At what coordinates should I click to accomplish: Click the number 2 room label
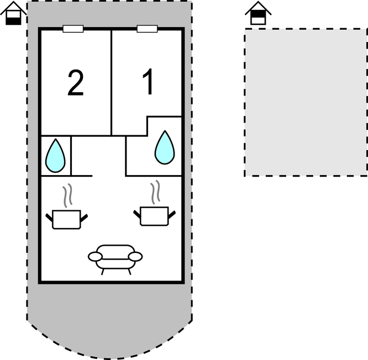(x=75, y=83)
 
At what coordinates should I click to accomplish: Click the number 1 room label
(x=148, y=82)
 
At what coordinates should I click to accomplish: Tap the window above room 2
(x=73, y=29)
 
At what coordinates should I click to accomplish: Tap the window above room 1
(x=147, y=29)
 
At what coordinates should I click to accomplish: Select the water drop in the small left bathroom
(x=55, y=156)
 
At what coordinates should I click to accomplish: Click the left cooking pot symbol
(x=66, y=219)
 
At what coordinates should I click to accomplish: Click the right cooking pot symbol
(x=154, y=216)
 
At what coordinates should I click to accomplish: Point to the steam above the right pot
(x=155, y=192)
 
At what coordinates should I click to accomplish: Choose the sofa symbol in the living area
(x=115, y=260)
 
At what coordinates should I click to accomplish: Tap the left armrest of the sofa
(x=95, y=257)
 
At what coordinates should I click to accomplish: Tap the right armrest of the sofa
(x=135, y=257)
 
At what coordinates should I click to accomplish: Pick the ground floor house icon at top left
(x=13, y=13)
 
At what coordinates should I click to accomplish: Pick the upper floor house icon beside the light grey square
(x=258, y=13)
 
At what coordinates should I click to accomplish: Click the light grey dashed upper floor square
(x=306, y=102)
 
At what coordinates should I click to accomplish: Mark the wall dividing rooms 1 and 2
(x=111, y=83)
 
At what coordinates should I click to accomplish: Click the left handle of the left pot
(x=49, y=218)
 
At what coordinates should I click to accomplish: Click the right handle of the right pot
(x=172, y=214)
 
